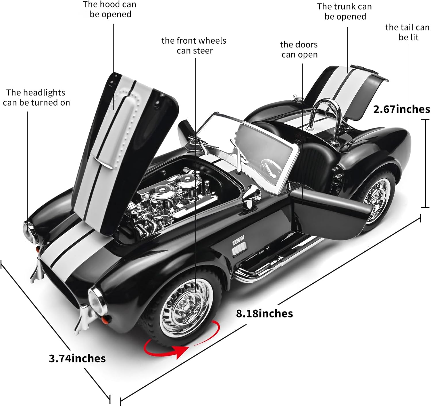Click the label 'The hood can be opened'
pos(110,9)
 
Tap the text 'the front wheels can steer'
pos(194,45)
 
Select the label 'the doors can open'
pos(299,49)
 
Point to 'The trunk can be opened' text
pos(345,12)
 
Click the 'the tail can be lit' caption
pos(407,32)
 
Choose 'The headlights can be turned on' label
pos(36,98)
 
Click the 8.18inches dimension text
pos(264,313)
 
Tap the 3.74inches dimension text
pos(77,358)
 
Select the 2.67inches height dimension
pos(401,109)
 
